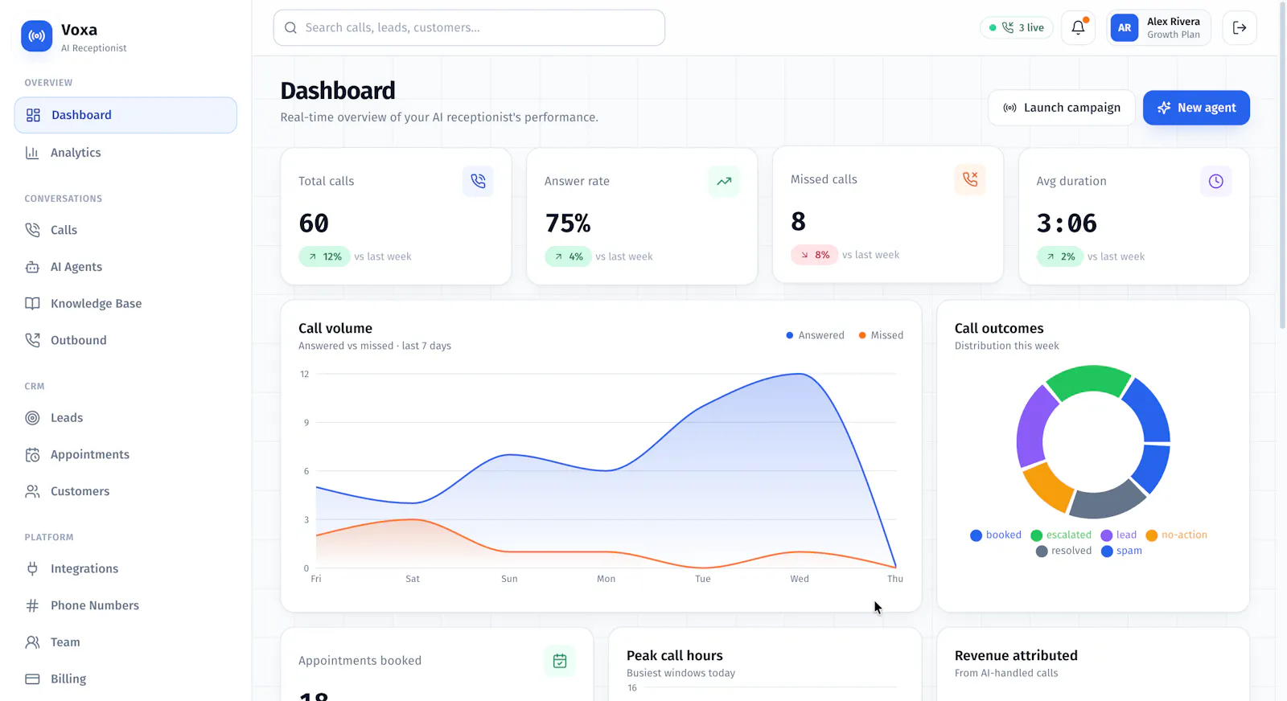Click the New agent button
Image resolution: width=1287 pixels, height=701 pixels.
point(1196,108)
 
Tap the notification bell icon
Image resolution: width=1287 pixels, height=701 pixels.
point(1078,27)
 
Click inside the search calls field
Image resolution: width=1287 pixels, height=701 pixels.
point(469,27)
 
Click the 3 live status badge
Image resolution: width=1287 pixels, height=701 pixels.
point(1017,27)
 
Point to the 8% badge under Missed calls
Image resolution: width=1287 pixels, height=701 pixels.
point(814,254)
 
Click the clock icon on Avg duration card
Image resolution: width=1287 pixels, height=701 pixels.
point(1215,181)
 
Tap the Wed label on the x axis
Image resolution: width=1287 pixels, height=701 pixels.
point(800,579)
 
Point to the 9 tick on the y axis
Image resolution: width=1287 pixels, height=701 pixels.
point(306,423)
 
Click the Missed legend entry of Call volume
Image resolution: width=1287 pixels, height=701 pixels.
point(881,335)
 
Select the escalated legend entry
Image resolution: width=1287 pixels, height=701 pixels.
point(1061,535)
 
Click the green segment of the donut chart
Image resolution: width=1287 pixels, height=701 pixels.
point(1088,380)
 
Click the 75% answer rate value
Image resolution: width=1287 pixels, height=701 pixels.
point(568,223)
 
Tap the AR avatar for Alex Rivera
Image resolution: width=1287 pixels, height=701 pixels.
point(1124,27)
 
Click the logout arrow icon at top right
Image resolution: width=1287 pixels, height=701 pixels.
point(1240,27)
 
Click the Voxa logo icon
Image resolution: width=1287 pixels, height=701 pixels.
point(36,35)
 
